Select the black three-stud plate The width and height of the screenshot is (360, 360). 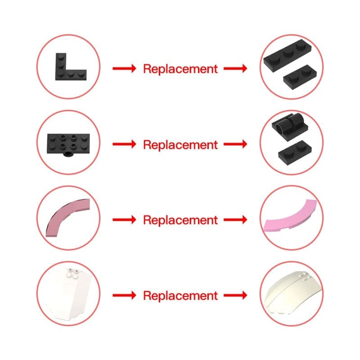288,56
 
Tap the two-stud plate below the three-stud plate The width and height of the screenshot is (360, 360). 300,77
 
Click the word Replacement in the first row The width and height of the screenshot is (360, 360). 180,69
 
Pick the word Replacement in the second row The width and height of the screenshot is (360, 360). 180,145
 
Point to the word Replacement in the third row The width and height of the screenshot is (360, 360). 180,220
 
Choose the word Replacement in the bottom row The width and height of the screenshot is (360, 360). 180,296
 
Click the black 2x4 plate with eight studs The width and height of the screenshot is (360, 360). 68,144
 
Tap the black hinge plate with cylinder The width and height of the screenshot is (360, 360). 290,127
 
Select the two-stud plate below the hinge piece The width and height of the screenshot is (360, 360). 295,153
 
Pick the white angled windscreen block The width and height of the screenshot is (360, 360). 69,294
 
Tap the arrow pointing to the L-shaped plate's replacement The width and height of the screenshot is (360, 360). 235,68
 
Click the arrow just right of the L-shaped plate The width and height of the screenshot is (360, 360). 124,68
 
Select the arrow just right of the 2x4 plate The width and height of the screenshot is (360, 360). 124,144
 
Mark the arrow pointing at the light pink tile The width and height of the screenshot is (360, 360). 235,220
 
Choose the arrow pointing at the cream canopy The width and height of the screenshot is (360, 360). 235,295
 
